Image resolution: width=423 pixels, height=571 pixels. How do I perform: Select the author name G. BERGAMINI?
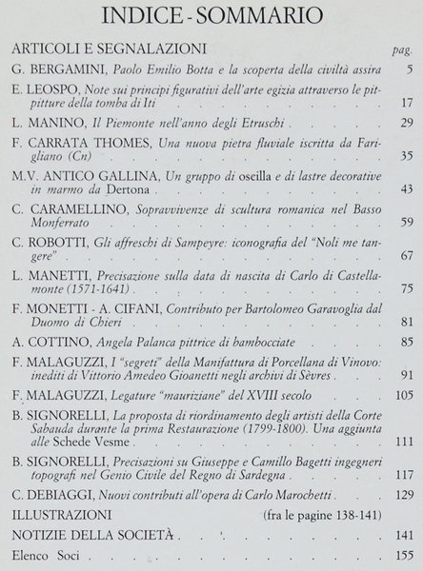55,70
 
